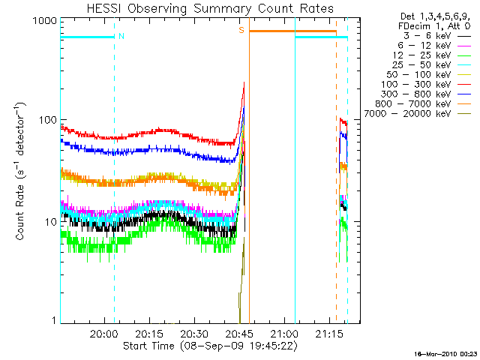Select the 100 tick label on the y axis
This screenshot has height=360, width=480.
pos(46,120)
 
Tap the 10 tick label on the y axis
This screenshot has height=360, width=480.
pos(49,222)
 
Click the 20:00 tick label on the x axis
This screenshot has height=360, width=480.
pos(103,333)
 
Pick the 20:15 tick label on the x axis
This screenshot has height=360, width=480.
pos(149,333)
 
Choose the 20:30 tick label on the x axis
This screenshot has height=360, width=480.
pos(194,333)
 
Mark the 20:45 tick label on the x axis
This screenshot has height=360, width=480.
pos(240,333)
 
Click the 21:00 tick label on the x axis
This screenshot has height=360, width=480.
pos(285,333)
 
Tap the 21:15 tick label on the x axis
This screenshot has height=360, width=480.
pos(330,333)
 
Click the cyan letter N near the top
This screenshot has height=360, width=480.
pos(121,35)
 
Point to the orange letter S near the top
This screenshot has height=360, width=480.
pos(241,30)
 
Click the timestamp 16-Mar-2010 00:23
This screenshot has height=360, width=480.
pos(449,353)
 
